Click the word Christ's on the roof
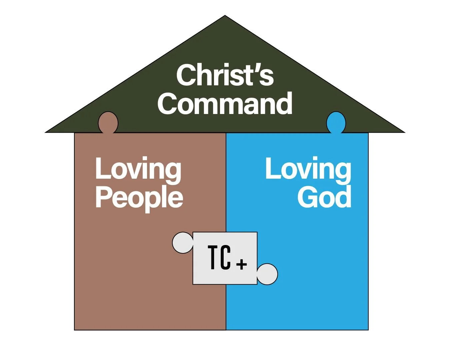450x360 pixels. point(225,75)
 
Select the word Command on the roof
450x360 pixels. point(225,104)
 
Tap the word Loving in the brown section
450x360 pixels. point(138,169)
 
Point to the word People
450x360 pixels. point(139,197)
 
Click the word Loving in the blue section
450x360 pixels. point(308,169)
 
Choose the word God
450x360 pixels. point(324,197)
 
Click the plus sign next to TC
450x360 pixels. point(242,264)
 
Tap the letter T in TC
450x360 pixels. point(214,257)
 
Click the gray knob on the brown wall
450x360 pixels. point(183,243)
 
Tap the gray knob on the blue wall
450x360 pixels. point(267,274)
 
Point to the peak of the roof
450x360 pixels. point(225,16)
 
